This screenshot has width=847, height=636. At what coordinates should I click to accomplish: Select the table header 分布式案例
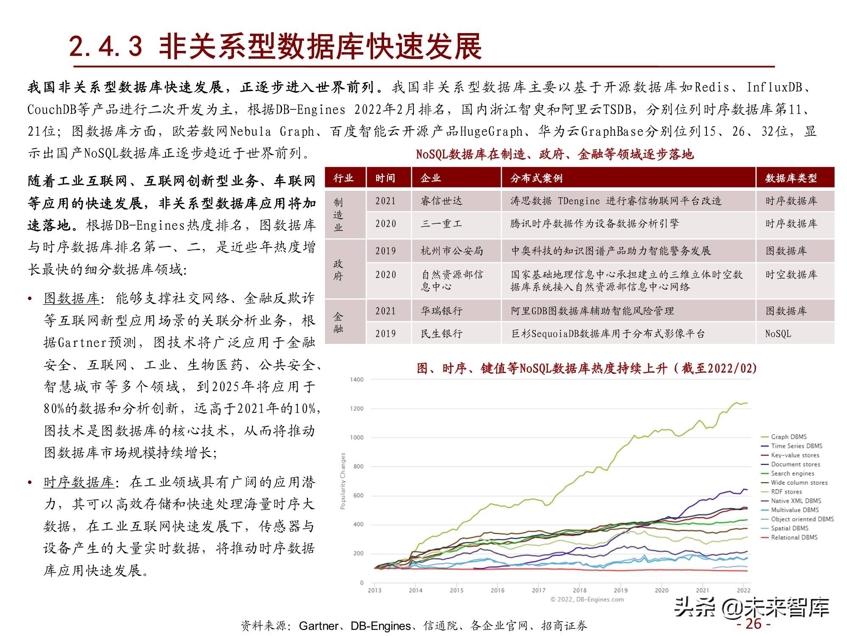click(536, 178)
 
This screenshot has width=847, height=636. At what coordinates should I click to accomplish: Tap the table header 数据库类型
click(791, 178)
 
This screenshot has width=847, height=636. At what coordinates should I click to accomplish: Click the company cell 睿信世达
click(441, 201)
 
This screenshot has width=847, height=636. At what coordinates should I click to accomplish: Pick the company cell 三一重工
click(441, 224)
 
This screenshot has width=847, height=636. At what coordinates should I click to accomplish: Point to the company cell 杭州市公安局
click(451, 251)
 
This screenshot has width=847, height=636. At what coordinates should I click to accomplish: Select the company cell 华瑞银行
click(441, 311)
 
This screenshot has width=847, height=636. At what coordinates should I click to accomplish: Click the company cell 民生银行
click(441, 334)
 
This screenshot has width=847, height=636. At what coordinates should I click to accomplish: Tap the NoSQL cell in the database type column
click(778, 334)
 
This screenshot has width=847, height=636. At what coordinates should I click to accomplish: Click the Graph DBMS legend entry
click(789, 437)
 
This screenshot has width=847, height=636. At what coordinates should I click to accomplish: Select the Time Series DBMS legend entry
click(796, 446)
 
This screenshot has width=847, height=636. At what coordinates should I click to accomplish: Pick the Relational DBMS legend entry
click(794, 538)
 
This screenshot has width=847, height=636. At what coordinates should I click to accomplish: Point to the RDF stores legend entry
click(786, 492)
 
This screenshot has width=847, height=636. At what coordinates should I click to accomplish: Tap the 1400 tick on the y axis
click(357, 379)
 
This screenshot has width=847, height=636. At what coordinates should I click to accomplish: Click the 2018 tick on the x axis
click(579, 590)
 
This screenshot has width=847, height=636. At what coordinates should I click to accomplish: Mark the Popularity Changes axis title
click(343, 481)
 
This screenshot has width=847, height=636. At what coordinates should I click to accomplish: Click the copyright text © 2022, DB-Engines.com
click(587, 600)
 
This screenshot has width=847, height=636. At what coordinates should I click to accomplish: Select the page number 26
click(753, 624)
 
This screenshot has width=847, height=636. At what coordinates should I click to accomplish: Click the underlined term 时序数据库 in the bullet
click(79, 483)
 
